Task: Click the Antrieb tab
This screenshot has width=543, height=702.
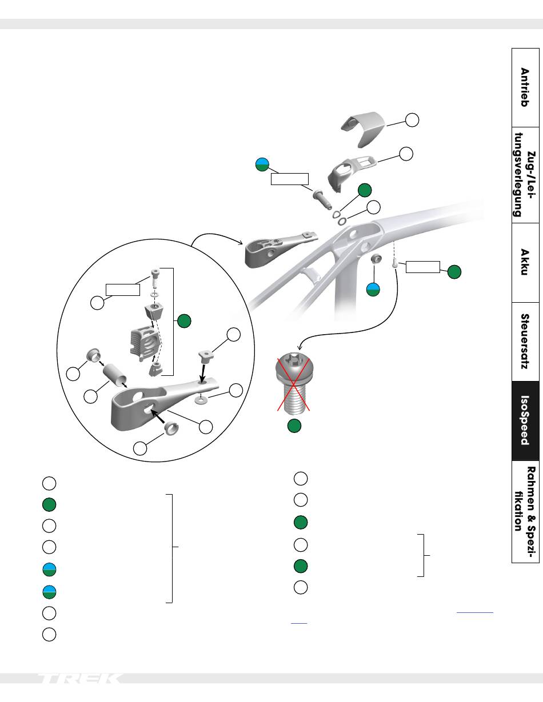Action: tap(525, 87)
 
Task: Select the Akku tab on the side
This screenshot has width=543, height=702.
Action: tap(525, 262)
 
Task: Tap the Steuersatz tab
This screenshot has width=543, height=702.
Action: tap(525, 342)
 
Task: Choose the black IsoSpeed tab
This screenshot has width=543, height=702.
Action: tap(525, 420)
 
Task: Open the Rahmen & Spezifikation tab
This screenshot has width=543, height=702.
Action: tap(525, 511)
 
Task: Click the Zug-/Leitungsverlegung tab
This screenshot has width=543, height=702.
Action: tap(525, 175)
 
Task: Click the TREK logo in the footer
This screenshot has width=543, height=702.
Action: tap(80, 678)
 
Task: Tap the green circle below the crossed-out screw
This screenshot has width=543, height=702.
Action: tap(294, 426)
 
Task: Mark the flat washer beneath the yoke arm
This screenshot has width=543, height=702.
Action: tap(201, 400)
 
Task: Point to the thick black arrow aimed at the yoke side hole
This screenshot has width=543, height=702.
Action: tap(158, 417)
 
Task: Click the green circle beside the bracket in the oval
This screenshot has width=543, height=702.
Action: tap(184, 321)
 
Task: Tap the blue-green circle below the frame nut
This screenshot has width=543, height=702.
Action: tap(373, 290)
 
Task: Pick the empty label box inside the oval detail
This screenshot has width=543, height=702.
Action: tap(123, 290)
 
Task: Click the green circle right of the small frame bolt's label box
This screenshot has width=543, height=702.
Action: tap(454, 272)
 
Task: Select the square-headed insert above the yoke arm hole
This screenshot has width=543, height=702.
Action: tap(204, 356)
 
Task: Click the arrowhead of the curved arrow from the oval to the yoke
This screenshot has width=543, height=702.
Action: tap(241, 243)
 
